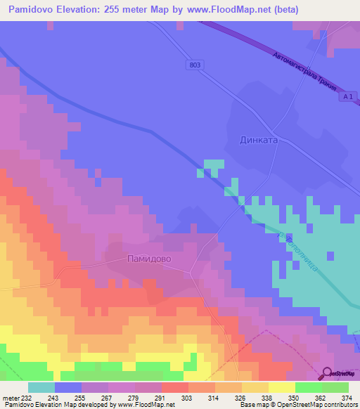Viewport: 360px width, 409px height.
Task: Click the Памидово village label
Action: (149, 259)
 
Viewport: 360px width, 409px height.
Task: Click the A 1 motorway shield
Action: (342, 98)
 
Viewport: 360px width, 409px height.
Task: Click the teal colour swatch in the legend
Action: (41, 387)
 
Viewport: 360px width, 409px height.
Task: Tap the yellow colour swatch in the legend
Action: (282, 387)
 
